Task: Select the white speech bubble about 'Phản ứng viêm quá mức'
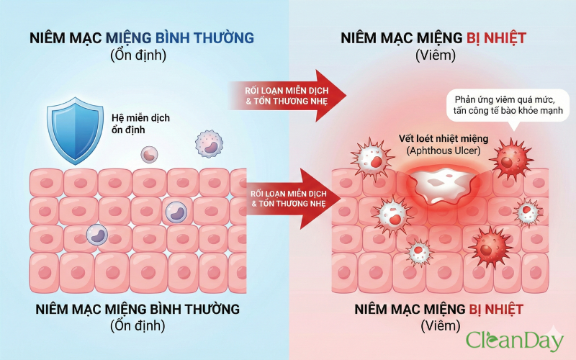click(x=508, y=104)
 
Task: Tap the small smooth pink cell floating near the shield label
click(x=149, y=153)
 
